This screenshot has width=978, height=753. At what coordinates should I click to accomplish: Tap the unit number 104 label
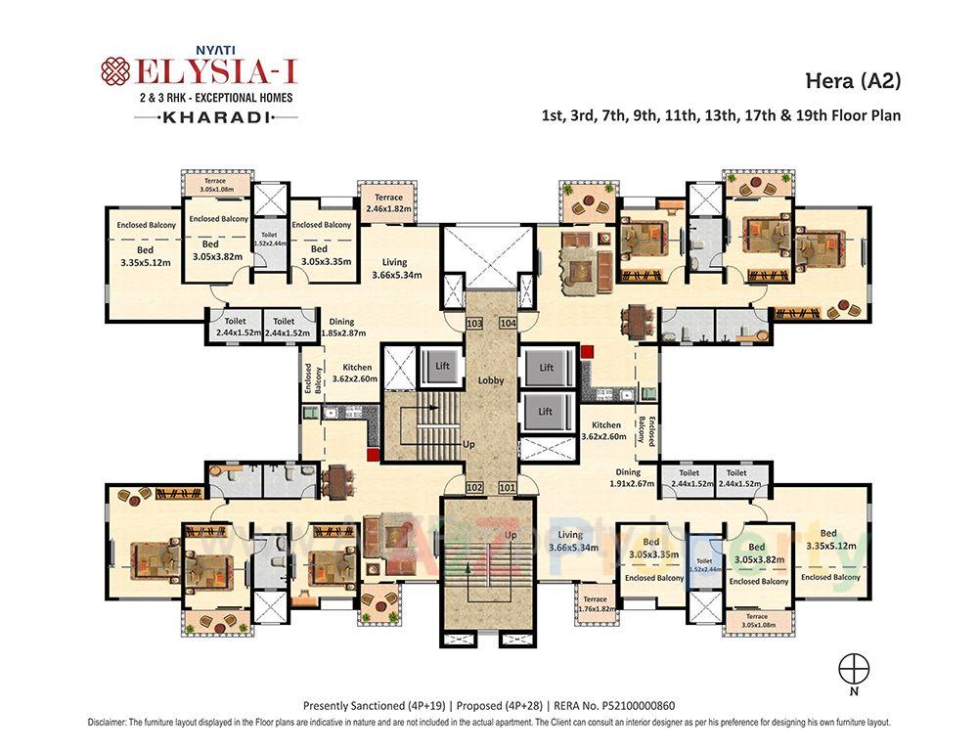click(x=508, y=323)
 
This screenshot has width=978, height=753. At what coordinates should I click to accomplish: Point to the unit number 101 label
click(x=507, y=486)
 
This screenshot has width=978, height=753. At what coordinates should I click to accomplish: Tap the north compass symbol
click(x=854, y=668)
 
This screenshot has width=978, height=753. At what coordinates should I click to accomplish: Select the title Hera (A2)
click(x=852, y=81)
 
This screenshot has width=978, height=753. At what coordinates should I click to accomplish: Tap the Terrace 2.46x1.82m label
click(x=387, y=202)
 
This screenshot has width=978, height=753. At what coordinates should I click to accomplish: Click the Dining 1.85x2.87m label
click(x=341, y=328)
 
